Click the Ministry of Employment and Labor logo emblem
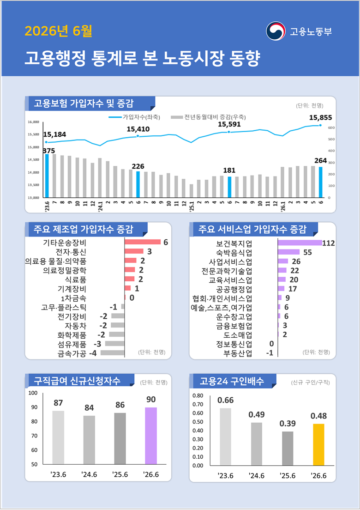click(x=276, y=31)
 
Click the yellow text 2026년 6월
click(x=59, y=31)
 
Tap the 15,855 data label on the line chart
click(x=321, y=118)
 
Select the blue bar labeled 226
click(x=138, y=184)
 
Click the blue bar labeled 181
click(x=229, y=187)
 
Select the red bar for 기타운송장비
click(x=143, y=242)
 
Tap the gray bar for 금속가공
click(x=113, y=352)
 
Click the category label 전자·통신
click(x=71, y=251)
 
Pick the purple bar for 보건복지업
click(x=300, y=243)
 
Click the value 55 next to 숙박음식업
click(x=307, y=252)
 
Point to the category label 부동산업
click(x=237, y=353)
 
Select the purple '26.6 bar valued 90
click(x=151, y=436)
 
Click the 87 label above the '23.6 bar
click(x=58, y=403)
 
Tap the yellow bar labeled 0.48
click(x=319, y=444)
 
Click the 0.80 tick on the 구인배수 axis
click(x=198, y=396)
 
